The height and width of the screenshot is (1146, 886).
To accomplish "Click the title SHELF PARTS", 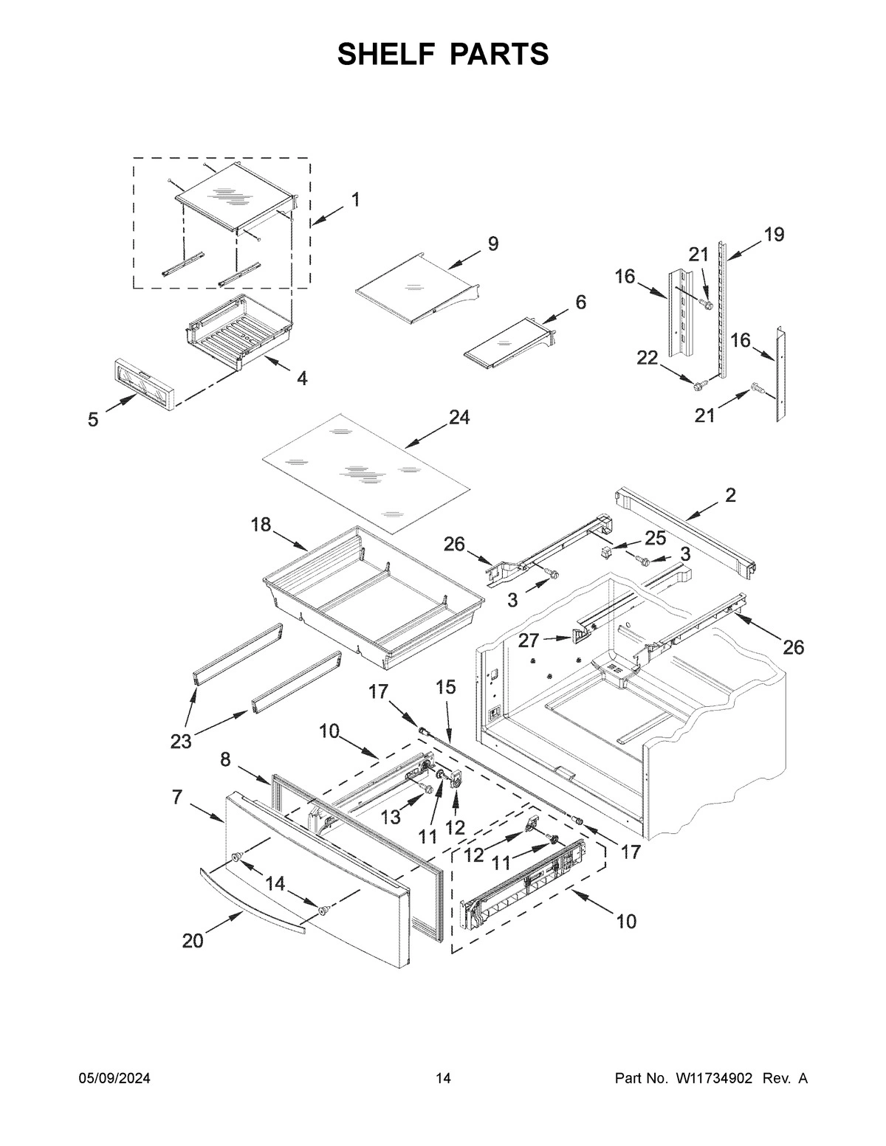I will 443,55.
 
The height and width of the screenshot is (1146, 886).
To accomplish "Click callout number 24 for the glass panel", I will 459,418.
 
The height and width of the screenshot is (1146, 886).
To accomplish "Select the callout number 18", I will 261,525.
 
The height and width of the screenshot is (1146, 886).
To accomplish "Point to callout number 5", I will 92,420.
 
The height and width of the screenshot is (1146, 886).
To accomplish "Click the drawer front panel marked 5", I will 142,383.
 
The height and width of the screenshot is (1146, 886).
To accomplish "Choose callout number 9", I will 492,244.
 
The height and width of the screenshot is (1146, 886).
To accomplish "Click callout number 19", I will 774,235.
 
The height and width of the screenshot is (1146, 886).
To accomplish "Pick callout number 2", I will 729,495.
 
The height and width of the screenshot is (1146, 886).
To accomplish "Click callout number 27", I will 528,641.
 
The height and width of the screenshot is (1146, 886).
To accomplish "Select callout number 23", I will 181,742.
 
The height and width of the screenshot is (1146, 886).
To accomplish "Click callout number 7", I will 176,797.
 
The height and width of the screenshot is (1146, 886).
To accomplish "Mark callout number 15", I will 445,688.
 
